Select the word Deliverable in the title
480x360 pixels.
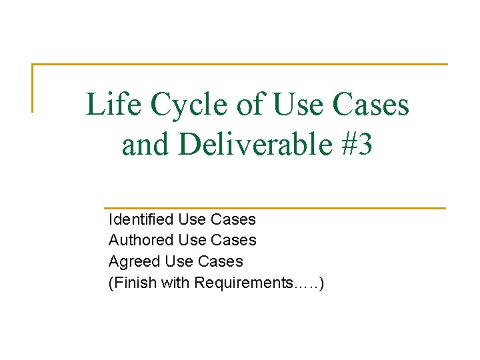(257, 145)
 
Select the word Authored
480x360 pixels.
(141, 240)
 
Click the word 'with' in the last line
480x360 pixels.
(176, 283)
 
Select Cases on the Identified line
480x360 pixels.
(233, 219)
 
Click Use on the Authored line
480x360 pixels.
(192, 240)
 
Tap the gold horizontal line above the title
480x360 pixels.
(240, 65)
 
